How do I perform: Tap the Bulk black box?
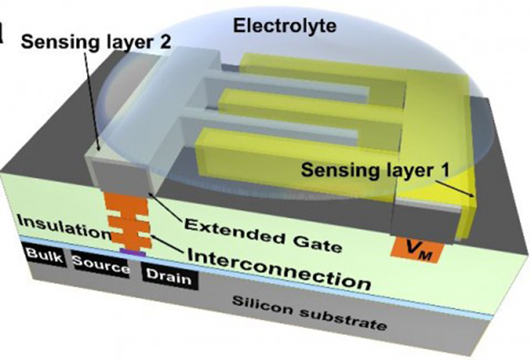tap(44, 256)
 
